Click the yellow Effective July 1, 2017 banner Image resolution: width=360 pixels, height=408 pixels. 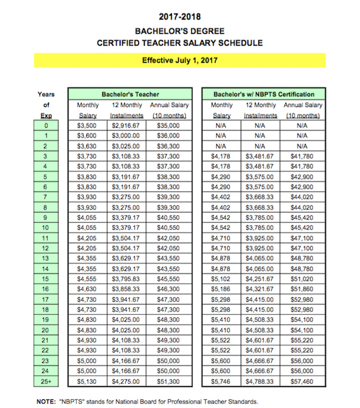click(180, 61)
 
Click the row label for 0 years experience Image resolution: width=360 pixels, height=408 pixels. click(46, 125)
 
